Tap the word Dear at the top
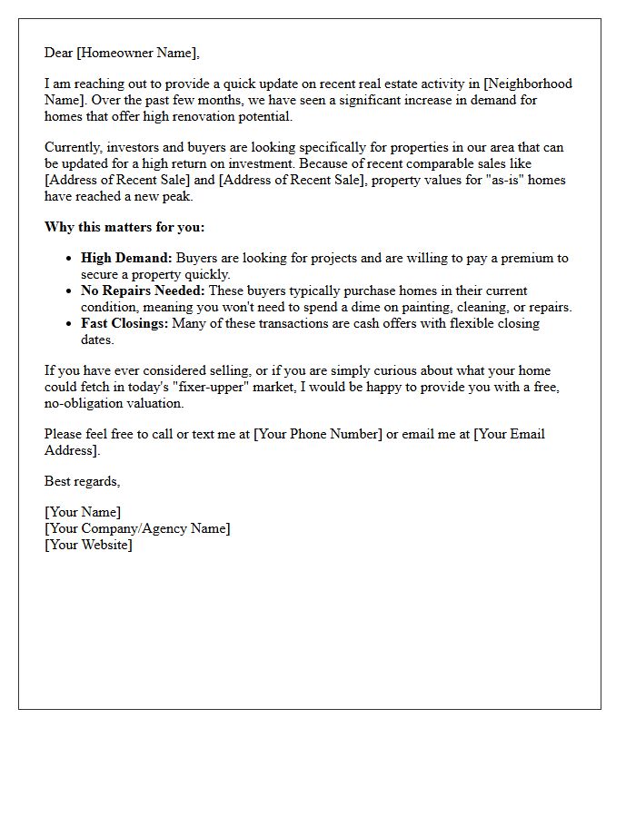click(59, 53)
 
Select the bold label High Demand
click(126, 258)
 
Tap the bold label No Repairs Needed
click(143, 290)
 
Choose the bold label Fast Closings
click(124, 323)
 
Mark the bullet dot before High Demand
click(68, 259)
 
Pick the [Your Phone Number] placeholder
click(318, 434)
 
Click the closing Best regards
click(82, 481)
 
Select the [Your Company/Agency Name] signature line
click(137, 528)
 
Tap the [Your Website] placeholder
click(88, 545)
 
